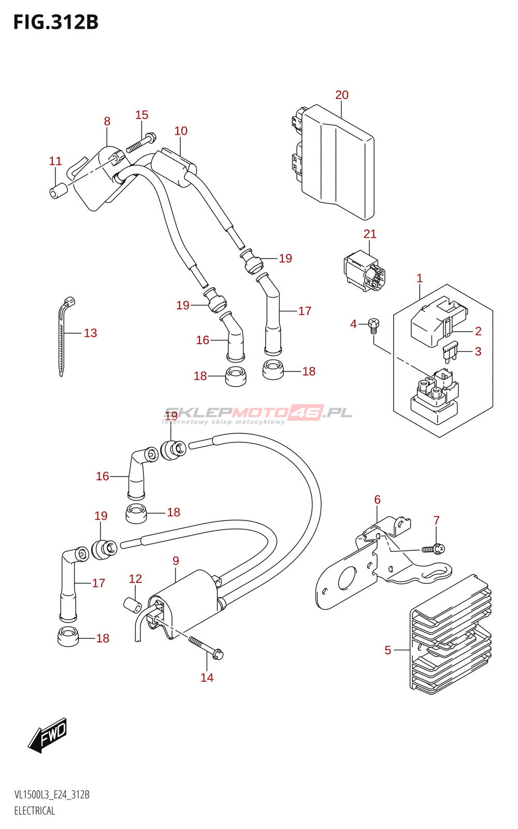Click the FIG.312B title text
pos(56,22)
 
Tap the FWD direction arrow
pos(48,735)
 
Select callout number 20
pos(342,95)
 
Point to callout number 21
pos(370,234)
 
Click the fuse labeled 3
pos(450,353)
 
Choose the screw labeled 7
pos(435,549)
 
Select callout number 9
pos(176,561)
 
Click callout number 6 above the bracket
pos(377,499)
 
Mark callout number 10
pos(181,131)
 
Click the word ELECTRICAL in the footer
pos(35,811)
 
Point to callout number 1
pos(420,278)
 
